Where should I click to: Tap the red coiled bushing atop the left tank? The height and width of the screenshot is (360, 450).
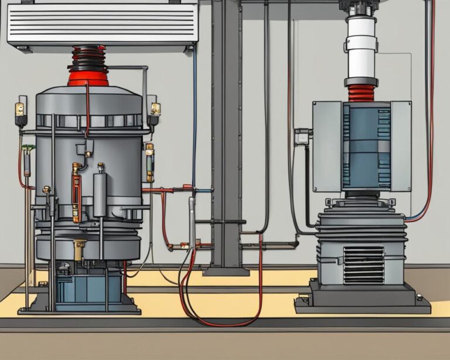pos(88,66)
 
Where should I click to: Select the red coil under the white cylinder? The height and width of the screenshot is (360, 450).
pos(362,93)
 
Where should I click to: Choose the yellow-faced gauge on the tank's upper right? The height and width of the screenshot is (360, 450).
pos(155,108)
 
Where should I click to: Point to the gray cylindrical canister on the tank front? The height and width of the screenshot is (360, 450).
pos(100,193)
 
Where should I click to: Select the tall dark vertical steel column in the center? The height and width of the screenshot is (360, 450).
pos(226,135)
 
